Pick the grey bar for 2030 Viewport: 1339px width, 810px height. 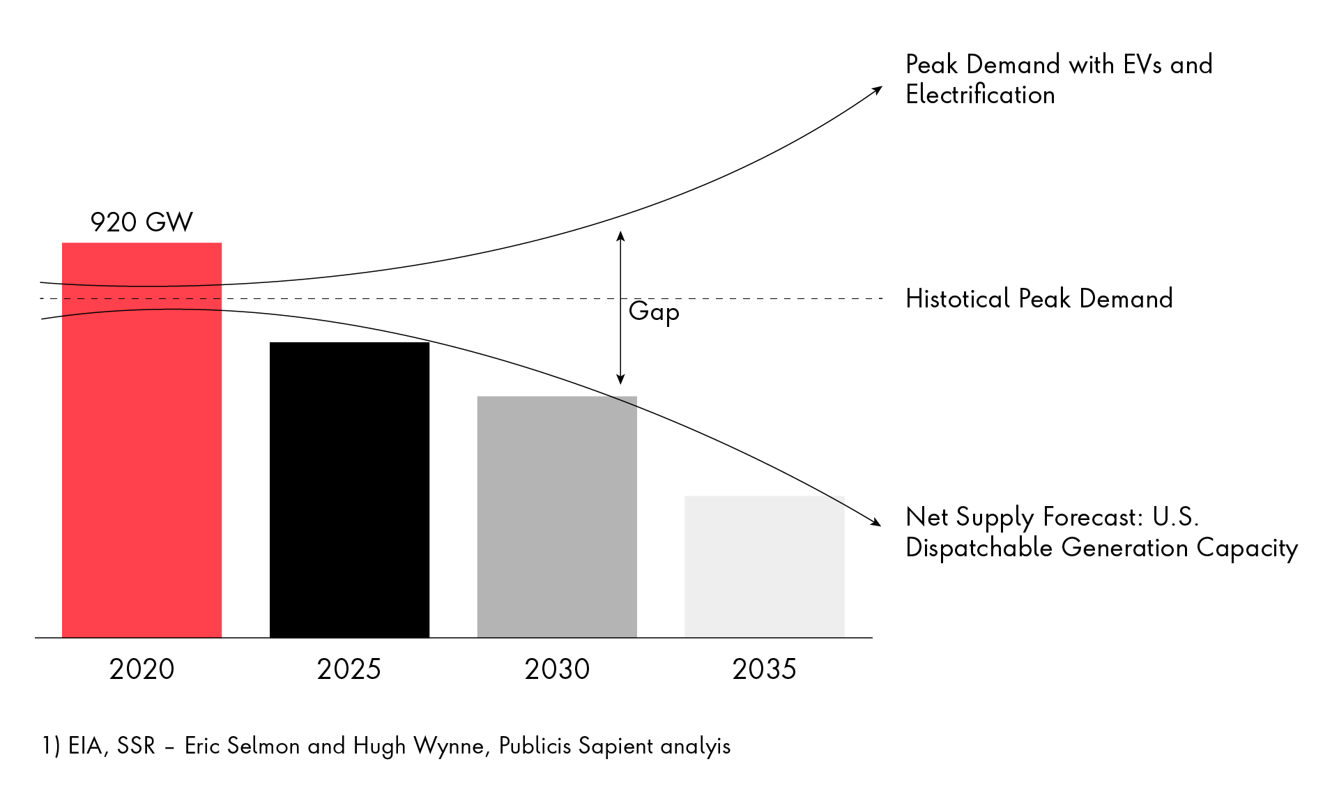(557, 517)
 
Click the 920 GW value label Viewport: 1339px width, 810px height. (141, 222)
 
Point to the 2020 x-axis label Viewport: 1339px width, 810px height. (141, 669)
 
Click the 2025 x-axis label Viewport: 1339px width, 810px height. (349, 669)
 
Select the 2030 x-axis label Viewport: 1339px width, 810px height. (557, 669)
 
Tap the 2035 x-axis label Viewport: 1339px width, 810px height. (764, 669)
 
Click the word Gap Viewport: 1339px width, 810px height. (653, 311)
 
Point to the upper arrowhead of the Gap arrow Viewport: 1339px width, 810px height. (620, 236)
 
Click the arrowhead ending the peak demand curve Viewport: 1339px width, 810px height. (878, 89)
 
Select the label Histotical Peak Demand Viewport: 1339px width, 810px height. (1039, 299)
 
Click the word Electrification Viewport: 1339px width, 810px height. (980, 95)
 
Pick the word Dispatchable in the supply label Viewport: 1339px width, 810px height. (979, 548)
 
